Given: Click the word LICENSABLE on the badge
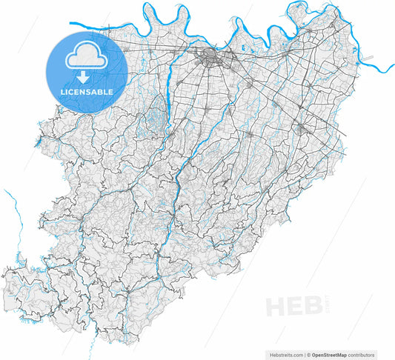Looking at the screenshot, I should tap(87, 91).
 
